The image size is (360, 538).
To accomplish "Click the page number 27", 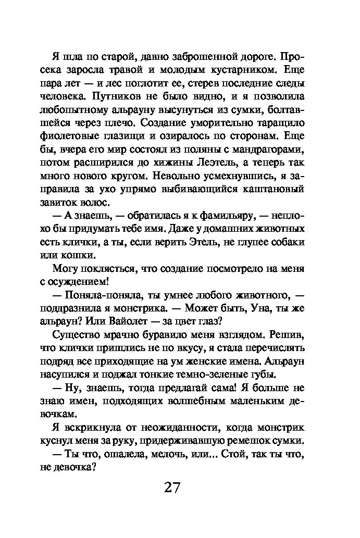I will tap(172, 487).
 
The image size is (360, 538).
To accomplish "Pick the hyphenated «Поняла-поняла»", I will tap(98, 296).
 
